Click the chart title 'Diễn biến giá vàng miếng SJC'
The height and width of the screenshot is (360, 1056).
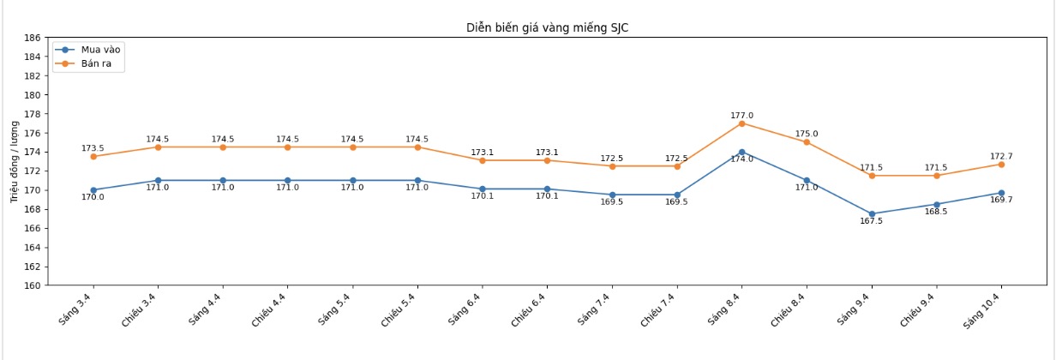coord(548,27)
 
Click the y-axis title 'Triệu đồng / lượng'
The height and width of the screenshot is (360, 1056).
coord(15,161)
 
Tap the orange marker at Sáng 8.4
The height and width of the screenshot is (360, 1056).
coord(741,123)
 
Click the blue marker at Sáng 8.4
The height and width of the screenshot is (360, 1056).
coord(741,152)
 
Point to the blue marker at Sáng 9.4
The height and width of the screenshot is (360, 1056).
coord(872,214)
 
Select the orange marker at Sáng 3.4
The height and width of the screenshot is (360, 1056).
coord(93,157)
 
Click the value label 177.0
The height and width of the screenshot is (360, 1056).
coord(741,116)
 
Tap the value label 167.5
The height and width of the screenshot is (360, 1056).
coord(872,221)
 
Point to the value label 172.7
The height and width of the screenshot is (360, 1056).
coord(1001,157)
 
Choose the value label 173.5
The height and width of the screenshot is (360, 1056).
coord(93,148)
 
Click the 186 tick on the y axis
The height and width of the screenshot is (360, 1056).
coord(33,38)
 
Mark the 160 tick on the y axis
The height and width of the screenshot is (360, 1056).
coord(33,285)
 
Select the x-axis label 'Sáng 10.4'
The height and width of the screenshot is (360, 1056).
coord(983,310)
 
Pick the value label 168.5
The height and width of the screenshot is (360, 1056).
coord(936,212)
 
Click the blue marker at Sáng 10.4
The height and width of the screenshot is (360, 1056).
coord(1001,193)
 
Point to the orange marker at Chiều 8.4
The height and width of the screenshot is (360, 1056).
coord(807,142)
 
